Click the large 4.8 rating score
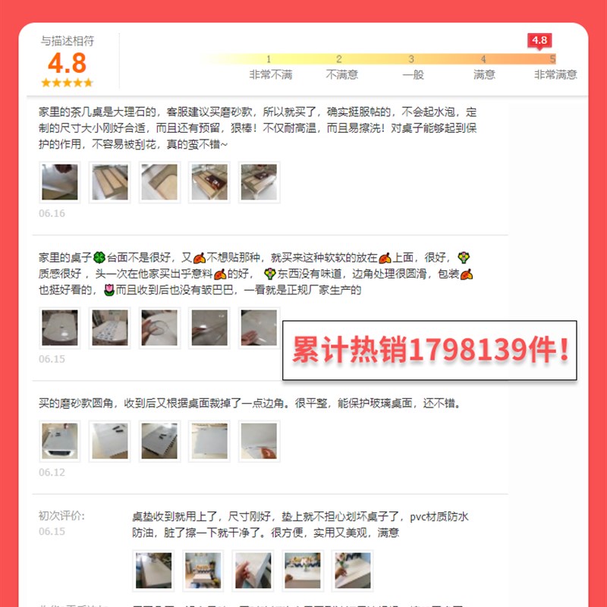pos(67,62)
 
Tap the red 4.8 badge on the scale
pos(539,40)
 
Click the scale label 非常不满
pos(270,74)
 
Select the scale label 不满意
pos(341,74)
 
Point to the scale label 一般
pos(413,74)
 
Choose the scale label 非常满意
pos(555,74)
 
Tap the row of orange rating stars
pos(67,82)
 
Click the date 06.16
pos(52,213)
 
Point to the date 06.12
pos(52,472)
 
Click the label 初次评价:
pos(62,516)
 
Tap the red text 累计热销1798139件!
pos(430,351)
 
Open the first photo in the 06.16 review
pos(59,182)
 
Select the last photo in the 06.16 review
pos(259,182)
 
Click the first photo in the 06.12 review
pos(59,441)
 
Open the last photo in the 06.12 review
pos(259,441)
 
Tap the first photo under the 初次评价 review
pos(153,571)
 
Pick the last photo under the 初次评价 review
pos(353,571)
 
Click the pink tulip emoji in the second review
pos(109,290)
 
